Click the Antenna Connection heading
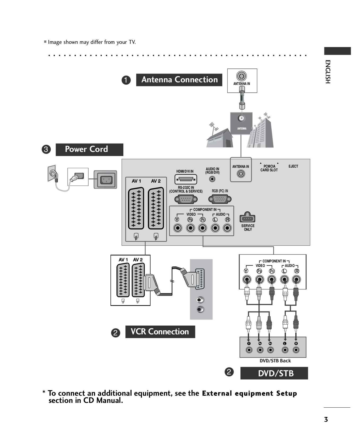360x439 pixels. pos(179,80)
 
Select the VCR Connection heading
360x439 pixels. pos(160,332)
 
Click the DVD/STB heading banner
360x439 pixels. pos(274,373)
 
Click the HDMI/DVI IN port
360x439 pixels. pos(186,180)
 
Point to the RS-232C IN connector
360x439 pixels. pos(186,199)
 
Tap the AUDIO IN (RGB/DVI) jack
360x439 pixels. pos(212,179)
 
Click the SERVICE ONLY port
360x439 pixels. pos(247,218)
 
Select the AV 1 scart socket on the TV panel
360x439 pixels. pos(136,208)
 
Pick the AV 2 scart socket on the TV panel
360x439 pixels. pos(156,208)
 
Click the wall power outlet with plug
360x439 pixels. pos(53,174)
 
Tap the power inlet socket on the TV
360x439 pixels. pos(106,180)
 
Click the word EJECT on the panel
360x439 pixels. pos(293,166)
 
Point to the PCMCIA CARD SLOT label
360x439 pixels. pos(269,168)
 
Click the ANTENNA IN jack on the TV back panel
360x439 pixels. pos(241,174)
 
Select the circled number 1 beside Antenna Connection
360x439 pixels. pos(126,80)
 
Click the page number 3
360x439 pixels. pos(326,419)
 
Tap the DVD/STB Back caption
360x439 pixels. pos(275,361)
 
